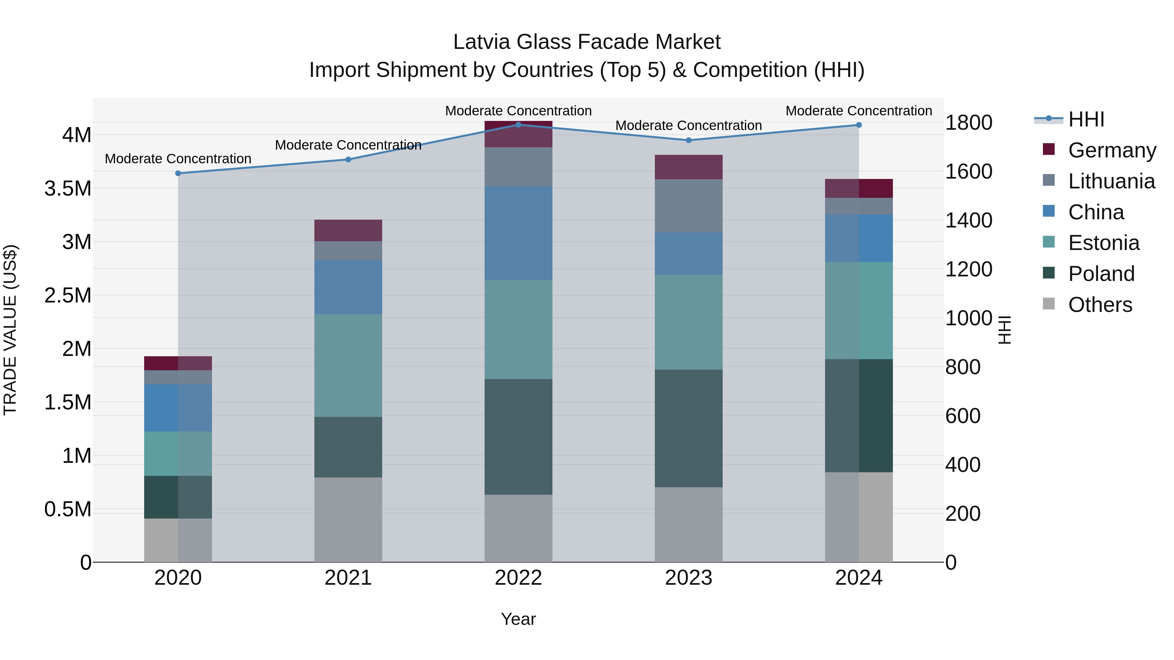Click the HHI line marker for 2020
[x=178, y=173]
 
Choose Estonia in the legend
[x=1103, y=243]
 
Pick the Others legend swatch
[x=1049, y=304]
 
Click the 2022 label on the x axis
[x=518, y=578]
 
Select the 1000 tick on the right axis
[x=969, y=318]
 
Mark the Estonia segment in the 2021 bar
[x=348, y=365]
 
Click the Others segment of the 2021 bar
[x=348, y=519]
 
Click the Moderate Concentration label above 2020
[x=178, y=158]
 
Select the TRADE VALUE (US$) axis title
[x=10, y=330]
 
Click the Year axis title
[x=518, y=619]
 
